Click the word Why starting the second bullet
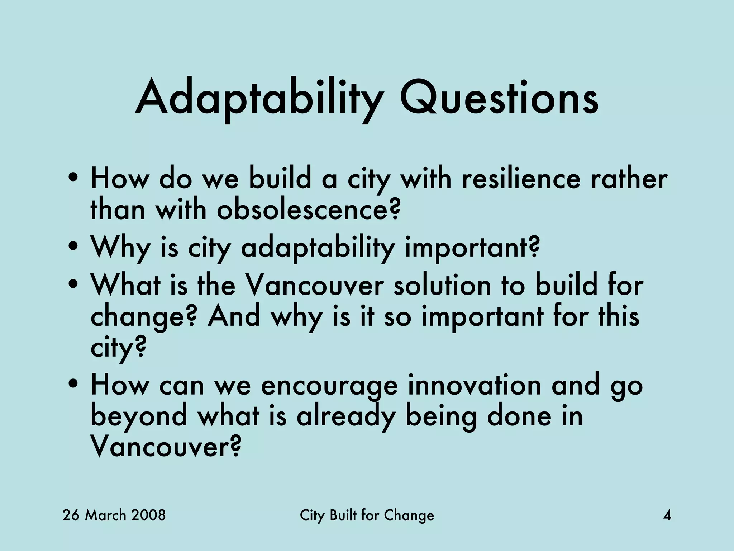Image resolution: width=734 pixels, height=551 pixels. tap(119, 248)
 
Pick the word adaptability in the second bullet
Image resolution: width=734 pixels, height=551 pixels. tap(318, 248)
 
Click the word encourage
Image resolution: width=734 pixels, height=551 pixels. tap(329, 385)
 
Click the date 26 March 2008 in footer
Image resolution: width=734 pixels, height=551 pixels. tap(114, 515)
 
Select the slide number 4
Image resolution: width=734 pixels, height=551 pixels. tap(667, 515)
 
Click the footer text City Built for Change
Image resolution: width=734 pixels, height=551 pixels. tap(367, 515)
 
